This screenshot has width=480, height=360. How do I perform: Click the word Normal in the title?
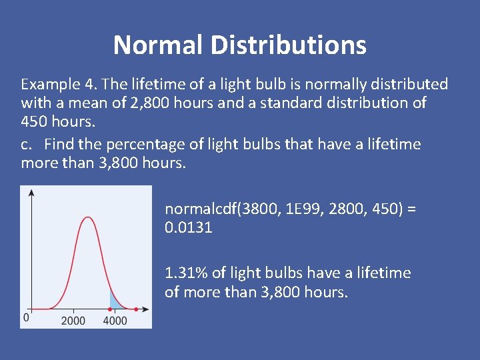click(158, 45)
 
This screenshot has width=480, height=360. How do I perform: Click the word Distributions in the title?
click(288, 45)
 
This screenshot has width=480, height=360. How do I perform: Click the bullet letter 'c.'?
click(27, 144)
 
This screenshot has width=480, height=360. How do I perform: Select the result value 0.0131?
click(189, 227)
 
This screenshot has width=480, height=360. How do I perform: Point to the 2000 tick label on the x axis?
click(73, 321)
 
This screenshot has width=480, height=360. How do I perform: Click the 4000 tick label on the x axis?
click(115, 321)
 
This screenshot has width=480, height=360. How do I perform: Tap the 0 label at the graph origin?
click(26, 318)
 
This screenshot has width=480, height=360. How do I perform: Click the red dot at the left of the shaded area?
click(110, 309)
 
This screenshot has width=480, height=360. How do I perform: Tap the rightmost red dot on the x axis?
click(136, 309)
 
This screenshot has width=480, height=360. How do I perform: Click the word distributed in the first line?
click(414, 85)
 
